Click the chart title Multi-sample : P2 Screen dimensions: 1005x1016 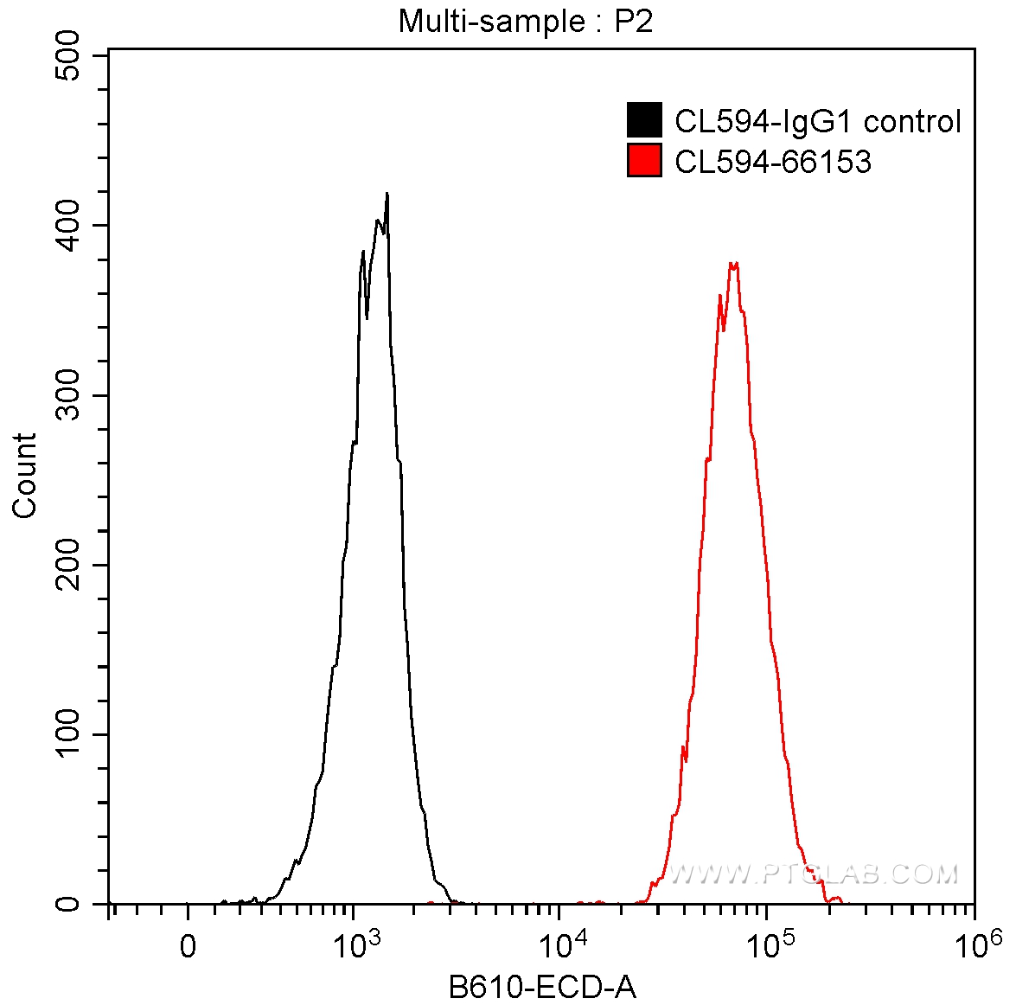(x=525, y=21)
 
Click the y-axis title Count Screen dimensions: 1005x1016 (x=25, y=475)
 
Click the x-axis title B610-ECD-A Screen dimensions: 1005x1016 (x=542, y=986)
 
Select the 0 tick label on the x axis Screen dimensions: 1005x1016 (x=188, y=946)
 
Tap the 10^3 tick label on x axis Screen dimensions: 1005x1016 (x=353, y=944)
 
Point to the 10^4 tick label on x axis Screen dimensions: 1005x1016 (x=559, y=944)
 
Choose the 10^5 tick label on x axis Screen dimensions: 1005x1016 (x=766, y=944)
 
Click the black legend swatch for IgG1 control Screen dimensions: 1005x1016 (x=644, y=120)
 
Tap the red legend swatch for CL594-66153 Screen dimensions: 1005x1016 (x=644, y=161)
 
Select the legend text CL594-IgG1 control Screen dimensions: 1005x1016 (x=817, y=121)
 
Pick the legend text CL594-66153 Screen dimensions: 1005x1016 (x=772, y=162)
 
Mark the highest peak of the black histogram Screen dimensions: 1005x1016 (x=387, y=194)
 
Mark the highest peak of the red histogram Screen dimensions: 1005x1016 (x=733, y=263)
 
